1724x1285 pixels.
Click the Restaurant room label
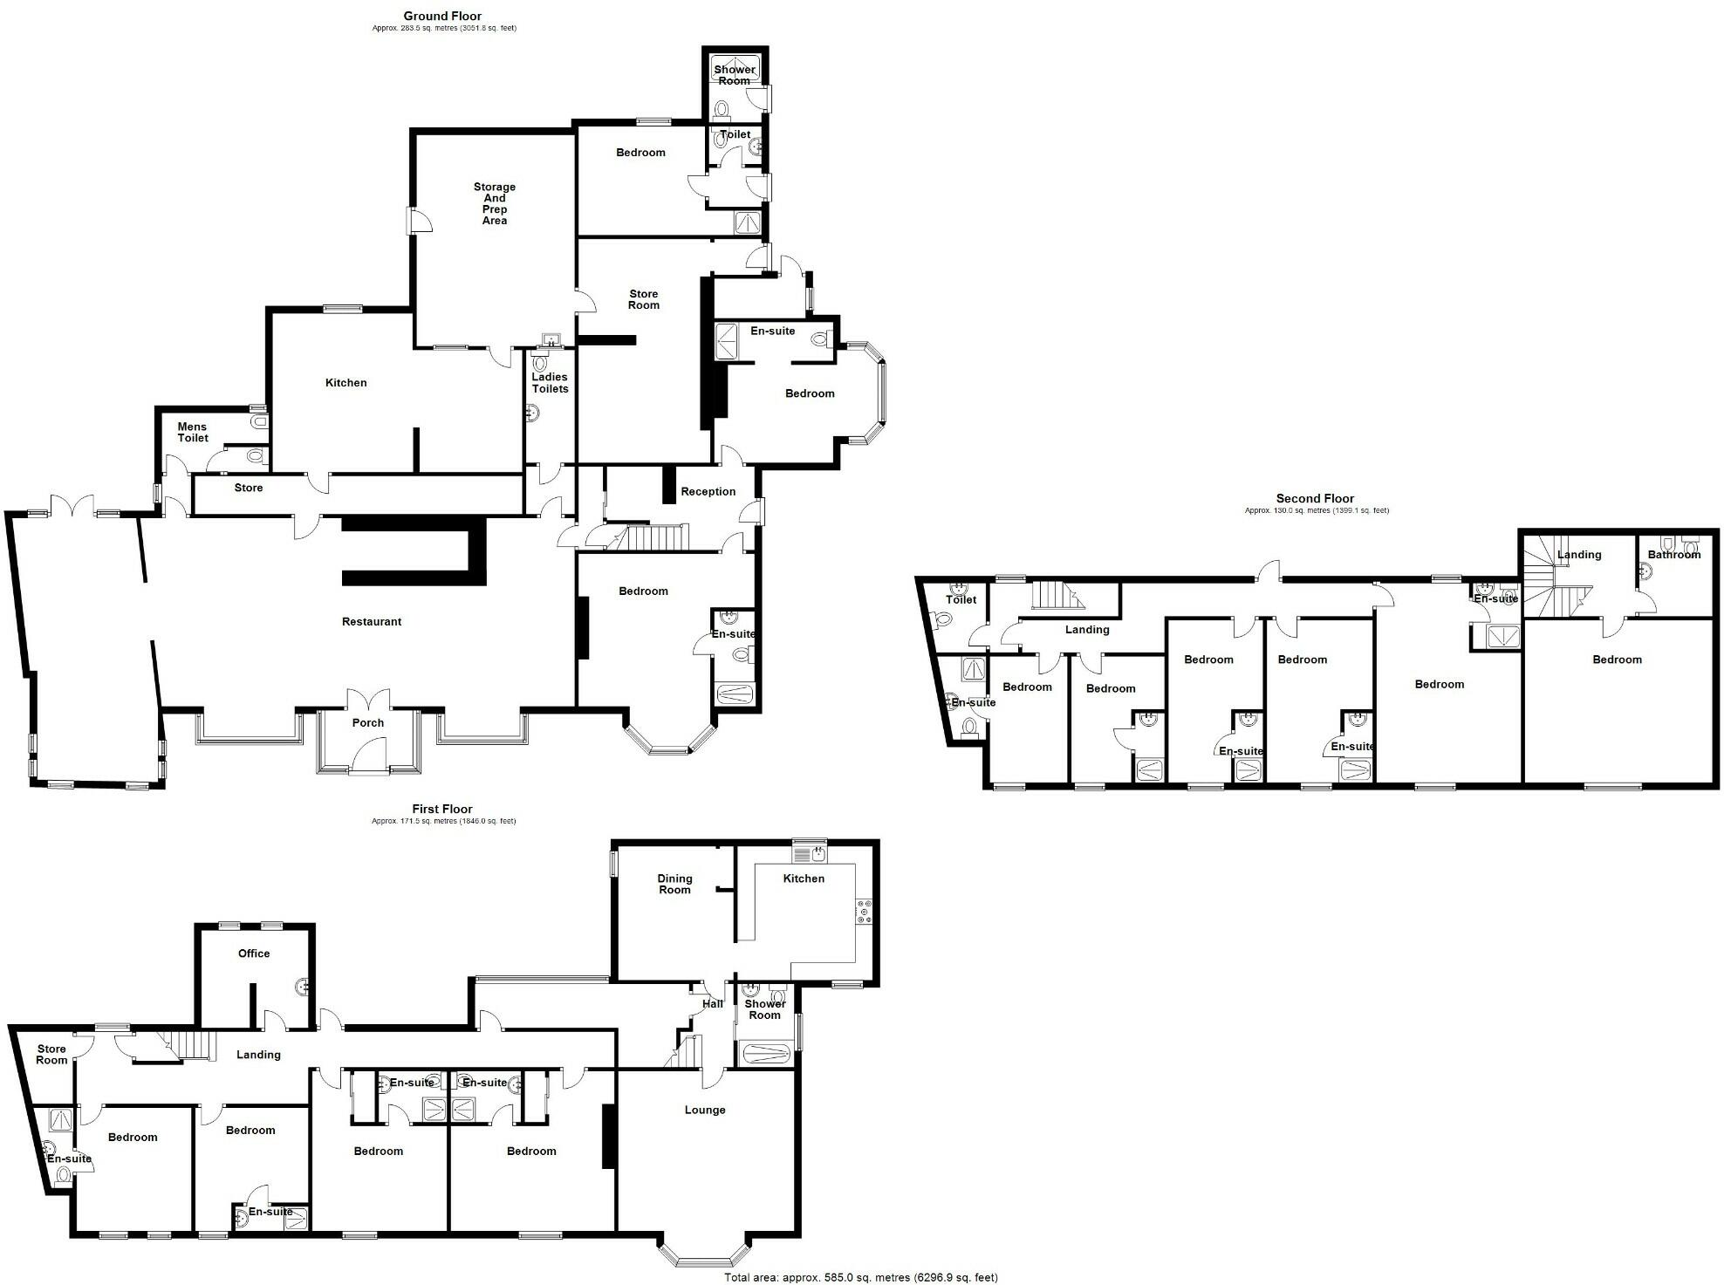pos(372,622)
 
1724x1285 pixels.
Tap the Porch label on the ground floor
pos(368,722)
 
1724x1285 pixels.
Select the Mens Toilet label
pos(193,433)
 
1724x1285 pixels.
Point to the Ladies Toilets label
pos(550,383)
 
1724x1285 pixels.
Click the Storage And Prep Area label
pos(495,203)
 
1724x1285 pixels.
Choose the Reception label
pos(708,492)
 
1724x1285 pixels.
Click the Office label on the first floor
pos(254,953)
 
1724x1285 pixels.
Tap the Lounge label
pos(705,1111)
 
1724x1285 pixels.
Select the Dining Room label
pos(674,884)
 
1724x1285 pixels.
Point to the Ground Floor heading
pos(442,16)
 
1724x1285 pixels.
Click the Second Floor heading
pos(1315,498)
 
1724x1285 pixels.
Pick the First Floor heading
pos(442,809)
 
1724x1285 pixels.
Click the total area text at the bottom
pos(860,1277)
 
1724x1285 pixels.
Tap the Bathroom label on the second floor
pos(1673,555)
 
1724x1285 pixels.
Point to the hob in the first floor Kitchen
pos(865,911)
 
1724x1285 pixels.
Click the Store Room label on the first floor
pos(51,1055)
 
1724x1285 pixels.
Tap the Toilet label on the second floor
pos(961,599)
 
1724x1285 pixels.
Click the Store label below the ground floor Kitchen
pos(249,488)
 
